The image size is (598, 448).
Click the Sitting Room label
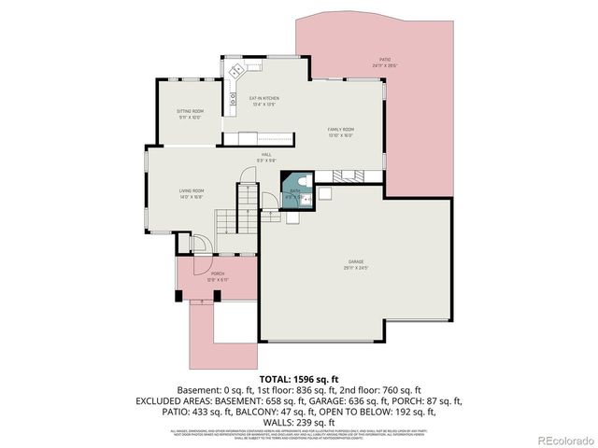point(190,112)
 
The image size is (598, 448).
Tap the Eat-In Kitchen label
point(263,98)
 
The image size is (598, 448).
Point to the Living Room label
point(192,191)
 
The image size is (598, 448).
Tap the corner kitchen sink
point(236,69)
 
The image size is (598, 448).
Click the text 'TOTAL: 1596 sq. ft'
point(299,380)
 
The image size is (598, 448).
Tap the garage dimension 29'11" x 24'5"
point(355,269)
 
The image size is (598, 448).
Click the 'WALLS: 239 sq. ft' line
point(299,421)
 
